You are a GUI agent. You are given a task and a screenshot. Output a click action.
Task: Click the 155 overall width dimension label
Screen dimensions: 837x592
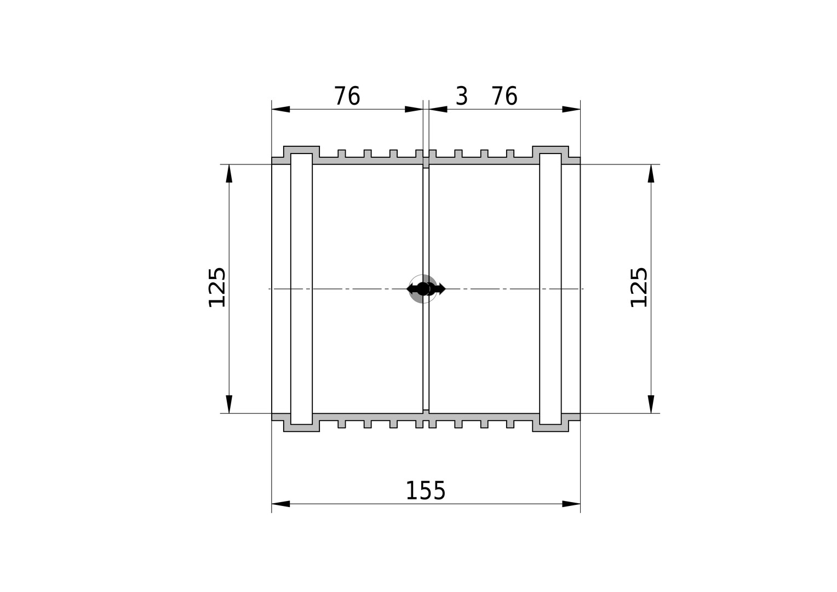coord(425,491)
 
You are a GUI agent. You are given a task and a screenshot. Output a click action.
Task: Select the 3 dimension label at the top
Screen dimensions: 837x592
coord(462,96)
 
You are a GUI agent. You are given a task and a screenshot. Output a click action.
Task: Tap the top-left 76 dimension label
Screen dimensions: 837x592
coord(347,96)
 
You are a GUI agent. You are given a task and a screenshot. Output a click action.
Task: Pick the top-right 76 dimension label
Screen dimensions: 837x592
coord(505,96)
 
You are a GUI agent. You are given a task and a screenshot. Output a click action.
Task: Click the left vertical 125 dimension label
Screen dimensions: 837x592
coord(217,288)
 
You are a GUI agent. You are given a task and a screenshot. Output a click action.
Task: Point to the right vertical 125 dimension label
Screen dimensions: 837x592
coord(639,288)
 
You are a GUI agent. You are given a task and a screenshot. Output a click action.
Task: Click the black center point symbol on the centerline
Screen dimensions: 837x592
coord(423,289)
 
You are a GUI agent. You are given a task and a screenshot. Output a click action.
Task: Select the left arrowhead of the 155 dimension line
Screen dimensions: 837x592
coord(280,504)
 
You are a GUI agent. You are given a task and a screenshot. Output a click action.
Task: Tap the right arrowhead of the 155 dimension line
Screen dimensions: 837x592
coord(571,504)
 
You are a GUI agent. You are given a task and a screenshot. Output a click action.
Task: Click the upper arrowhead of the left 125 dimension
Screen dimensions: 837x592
coord(229,173)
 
